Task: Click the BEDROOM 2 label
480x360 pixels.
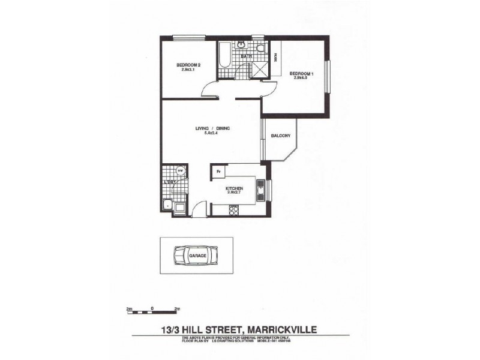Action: point(188,65)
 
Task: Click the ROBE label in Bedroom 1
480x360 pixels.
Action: point(275,58)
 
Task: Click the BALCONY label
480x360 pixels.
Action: point(280,136)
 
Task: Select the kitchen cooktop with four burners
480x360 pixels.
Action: point(235,209)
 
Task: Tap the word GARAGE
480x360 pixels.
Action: point(197,256)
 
